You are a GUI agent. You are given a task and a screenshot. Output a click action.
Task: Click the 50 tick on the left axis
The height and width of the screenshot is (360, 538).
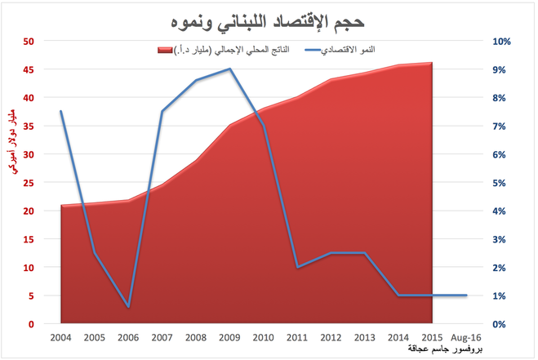[x=29, y=41]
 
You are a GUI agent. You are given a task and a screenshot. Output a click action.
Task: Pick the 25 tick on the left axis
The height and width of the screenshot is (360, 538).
[x=29, y=183]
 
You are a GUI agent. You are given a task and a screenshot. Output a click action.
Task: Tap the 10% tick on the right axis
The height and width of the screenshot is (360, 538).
[x=502, y=41]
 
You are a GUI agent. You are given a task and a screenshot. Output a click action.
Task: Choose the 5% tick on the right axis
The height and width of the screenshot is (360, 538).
[x=502, y=183]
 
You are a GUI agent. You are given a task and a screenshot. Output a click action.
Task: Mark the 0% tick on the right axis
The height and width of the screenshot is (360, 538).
[x=502, y=324]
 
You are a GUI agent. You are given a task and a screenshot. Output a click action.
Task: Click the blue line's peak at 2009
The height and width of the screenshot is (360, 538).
[x=230, y=69]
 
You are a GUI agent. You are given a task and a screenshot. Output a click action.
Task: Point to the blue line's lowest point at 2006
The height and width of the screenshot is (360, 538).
[x=129, y=307]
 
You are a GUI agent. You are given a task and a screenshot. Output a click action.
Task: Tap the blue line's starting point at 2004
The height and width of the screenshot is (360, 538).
[x=61, y=111]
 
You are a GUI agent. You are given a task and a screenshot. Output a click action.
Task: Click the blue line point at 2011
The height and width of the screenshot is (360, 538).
[x=297, y=267]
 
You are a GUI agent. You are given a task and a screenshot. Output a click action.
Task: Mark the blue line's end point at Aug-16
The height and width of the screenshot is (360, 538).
[x=466, y=296]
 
